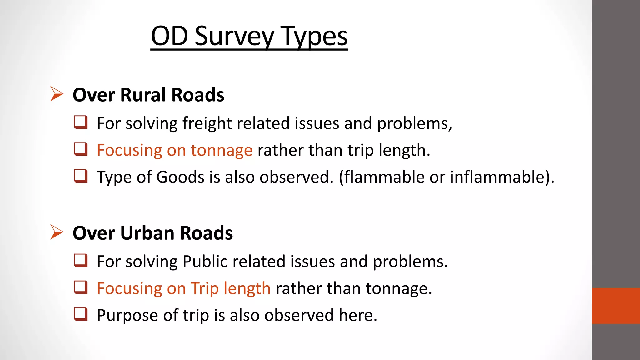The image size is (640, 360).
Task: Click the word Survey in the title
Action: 234,36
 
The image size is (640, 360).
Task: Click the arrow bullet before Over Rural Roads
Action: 57,94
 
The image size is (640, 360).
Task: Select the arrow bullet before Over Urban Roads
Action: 57,232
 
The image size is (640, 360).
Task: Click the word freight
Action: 207,123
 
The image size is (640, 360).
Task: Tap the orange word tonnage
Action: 222,150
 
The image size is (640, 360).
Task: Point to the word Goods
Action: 180,177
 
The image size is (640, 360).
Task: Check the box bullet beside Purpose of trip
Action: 81,314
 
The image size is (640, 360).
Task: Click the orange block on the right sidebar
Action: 616,306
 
